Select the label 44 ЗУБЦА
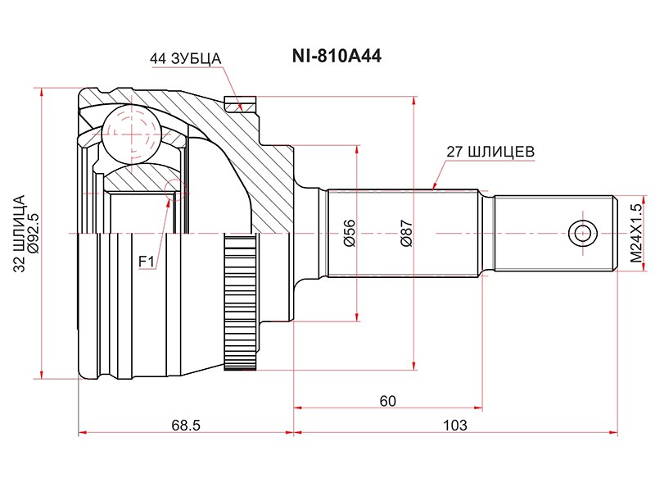[x=186, y=59]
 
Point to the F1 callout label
[x=147, y=262]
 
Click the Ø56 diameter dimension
[x=349, y=234]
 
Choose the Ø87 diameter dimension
[x=406, y=234]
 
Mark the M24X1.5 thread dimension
[x=636, y=234]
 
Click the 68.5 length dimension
[x=186, y=425]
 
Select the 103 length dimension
[x=454, y=425]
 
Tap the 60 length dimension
[x=387, y=401]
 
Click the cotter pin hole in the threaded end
[x=582, y=233]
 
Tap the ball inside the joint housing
[x=129, y=130]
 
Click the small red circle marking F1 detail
[x=174, y=189]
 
